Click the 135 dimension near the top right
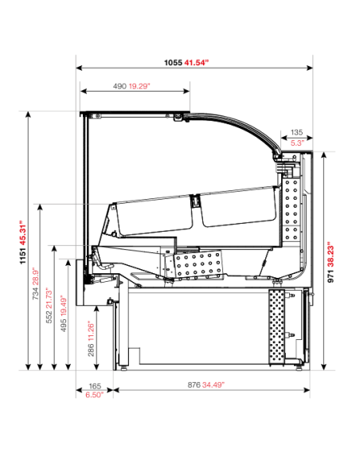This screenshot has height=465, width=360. [295, 132]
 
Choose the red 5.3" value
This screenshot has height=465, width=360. [295, 143]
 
